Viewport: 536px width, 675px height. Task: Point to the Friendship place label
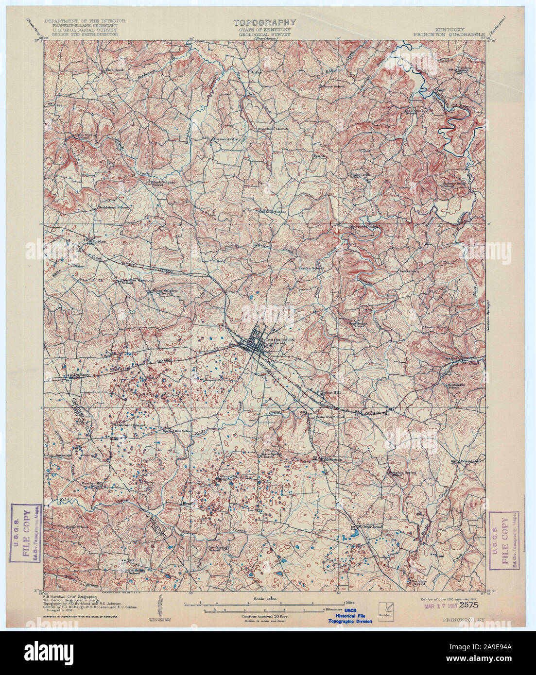click(470, 461)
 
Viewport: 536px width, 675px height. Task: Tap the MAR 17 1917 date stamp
click(441, 606)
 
